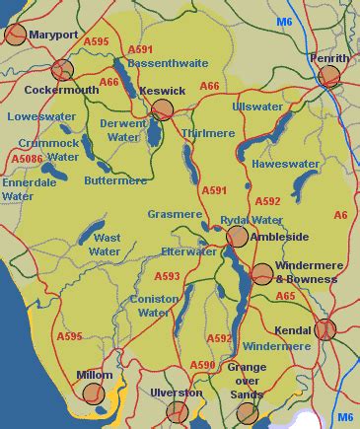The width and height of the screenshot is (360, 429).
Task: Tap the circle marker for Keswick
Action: tap(163, 109)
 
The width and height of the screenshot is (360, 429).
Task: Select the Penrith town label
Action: tap(328, 58)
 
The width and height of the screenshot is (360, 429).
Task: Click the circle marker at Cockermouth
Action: tap(62, 70)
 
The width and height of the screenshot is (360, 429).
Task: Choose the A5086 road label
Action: tap(27, 156)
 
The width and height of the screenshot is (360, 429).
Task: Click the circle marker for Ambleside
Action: tap(237, 236)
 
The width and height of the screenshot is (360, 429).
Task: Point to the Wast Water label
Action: tap(105, 245)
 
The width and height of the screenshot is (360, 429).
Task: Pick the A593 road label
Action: tap(167, 276)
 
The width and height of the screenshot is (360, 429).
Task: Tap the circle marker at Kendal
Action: tap(324, 329)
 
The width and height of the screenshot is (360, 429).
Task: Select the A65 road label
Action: tap(285, 296)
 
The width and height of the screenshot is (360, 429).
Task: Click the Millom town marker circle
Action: tap(94, 393)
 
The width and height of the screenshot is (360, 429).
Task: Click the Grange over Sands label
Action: tap(247, 380)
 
